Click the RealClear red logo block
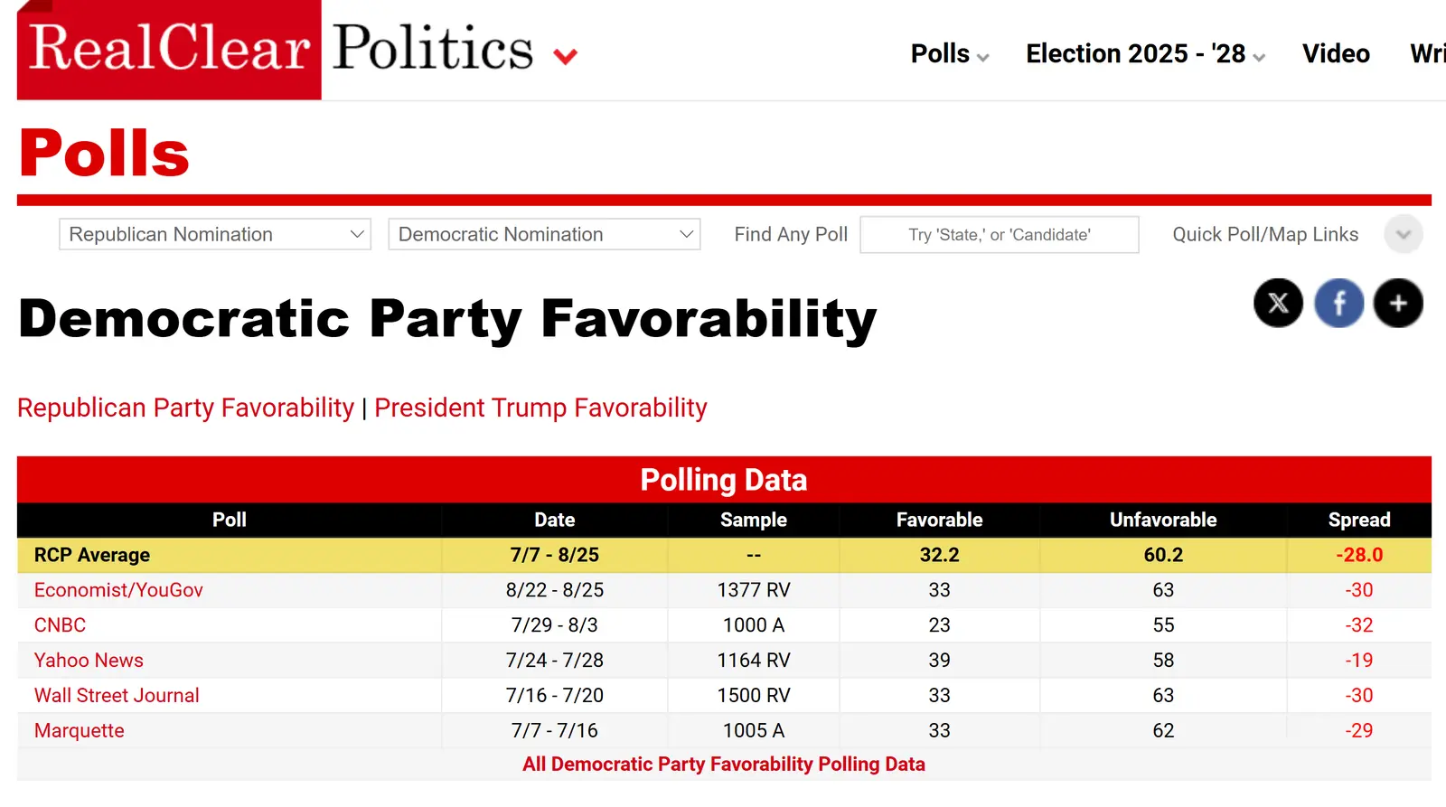[169, 49]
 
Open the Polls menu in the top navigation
[948, 54]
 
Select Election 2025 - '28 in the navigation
[1143, 54]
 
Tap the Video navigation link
[1335, 54]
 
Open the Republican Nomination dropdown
[215, 235]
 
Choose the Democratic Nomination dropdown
[544, 235]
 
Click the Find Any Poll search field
[999, 235]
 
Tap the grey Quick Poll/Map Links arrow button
[1403, 235]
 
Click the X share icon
[1278, 303]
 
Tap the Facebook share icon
[1338, 303]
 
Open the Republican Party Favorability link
[186, 408]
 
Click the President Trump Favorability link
[540, 408]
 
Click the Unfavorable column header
[1162, 521]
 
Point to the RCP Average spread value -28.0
[1358, 556]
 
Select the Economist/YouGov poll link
[118, 591]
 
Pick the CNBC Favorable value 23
[939, 625]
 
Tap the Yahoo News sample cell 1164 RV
[753, 661]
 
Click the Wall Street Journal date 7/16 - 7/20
[554, 696]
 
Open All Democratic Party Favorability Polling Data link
[723, 765]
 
